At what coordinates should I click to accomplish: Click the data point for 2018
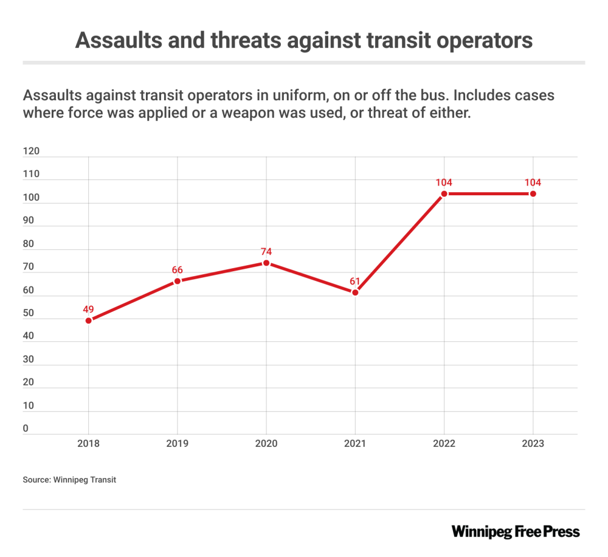point(89,320)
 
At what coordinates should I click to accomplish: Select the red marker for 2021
point(355,292)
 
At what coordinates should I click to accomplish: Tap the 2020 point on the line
point(266,263)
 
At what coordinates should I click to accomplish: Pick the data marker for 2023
point(533,194)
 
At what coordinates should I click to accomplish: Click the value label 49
point(89,308)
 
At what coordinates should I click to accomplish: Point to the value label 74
point(266,251)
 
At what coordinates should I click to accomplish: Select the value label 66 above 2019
point(178,269)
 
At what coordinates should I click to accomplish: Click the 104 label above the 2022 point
point(444,182)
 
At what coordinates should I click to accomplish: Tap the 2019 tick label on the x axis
point(178,444)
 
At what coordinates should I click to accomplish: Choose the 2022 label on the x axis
point(444,444)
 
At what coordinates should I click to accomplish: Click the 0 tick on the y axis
point(26,429)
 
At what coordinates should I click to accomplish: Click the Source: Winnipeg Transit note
point(69,480)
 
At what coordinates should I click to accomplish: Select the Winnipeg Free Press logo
point(516,531)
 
